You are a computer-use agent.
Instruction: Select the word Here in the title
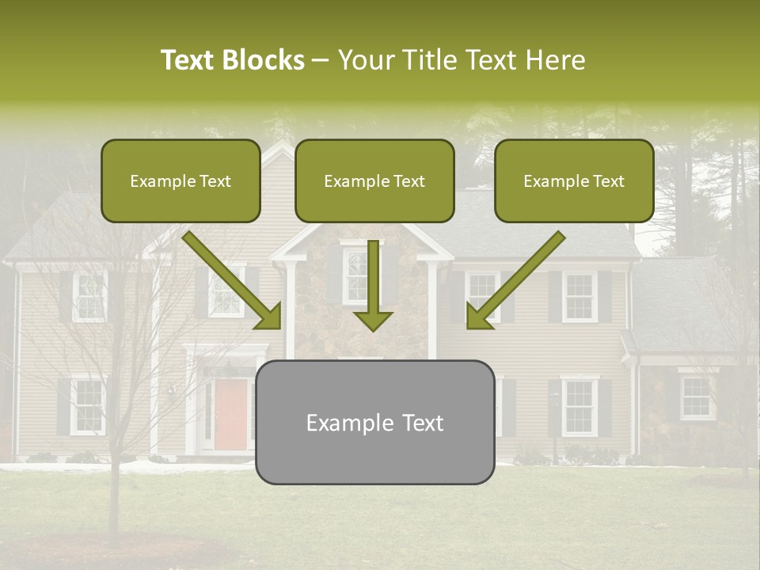coord(553,60)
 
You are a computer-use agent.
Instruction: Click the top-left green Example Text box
coord(180,180)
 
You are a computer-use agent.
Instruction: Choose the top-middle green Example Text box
coord(374,180)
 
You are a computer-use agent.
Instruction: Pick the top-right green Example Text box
coord(574,180)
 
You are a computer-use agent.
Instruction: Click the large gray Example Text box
coord(374,422)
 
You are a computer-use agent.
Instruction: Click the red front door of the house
coord(230,412)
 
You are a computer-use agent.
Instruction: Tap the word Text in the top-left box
coord(215,181)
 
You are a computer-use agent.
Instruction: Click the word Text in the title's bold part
coord(188,60)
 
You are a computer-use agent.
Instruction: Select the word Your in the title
coord(364,60)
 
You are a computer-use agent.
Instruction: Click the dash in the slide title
coord(321,60)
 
